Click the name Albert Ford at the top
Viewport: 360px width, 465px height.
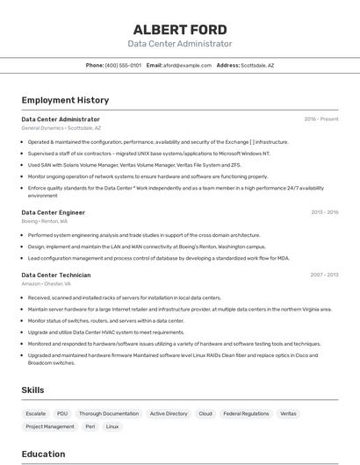[x=180, y=29]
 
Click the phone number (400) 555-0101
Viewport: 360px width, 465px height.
[x=123, y=65]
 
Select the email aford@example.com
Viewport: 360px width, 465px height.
[x=187, y=65]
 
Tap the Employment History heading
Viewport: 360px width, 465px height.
[x=65, y=100]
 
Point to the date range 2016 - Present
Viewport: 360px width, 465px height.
[x=320, y=118]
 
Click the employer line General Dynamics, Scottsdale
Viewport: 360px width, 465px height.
[x=61, y=128]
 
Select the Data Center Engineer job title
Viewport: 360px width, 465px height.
[x=54, y=212]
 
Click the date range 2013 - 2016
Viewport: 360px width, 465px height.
[x=324, y=212]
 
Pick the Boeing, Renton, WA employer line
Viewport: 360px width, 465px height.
[x=45, y=221]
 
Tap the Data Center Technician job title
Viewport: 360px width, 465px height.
[x=56, y=275]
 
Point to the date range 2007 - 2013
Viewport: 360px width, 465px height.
[x=324, y=275]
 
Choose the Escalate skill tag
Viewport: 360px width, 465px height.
[x=36, y=413]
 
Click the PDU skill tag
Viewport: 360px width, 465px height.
[x=62, y=413]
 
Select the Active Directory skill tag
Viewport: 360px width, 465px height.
[x=169, y=413]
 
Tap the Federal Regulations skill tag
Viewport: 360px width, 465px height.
[x=246, y=413]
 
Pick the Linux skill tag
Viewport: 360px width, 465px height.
[x=112, y=426]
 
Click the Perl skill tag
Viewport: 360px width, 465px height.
[x=90, y=426]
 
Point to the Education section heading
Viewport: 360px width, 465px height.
[x=43, y=454]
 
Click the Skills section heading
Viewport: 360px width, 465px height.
[x=33, y=390]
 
